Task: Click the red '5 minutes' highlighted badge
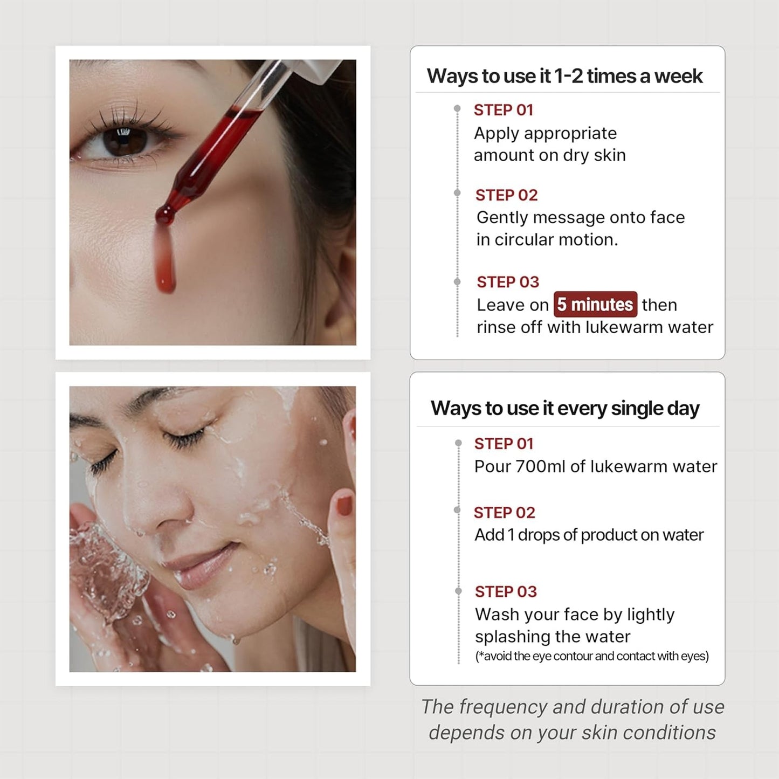[595, 305]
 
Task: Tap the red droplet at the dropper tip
[165, 216]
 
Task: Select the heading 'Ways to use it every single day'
[564, 408]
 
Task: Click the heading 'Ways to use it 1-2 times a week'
[564, 76]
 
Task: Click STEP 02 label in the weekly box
[506, 195]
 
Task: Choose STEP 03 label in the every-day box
[506, 591]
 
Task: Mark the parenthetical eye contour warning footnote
[591, 656]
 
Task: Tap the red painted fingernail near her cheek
[343, 506]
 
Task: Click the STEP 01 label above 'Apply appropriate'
[503, 110]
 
